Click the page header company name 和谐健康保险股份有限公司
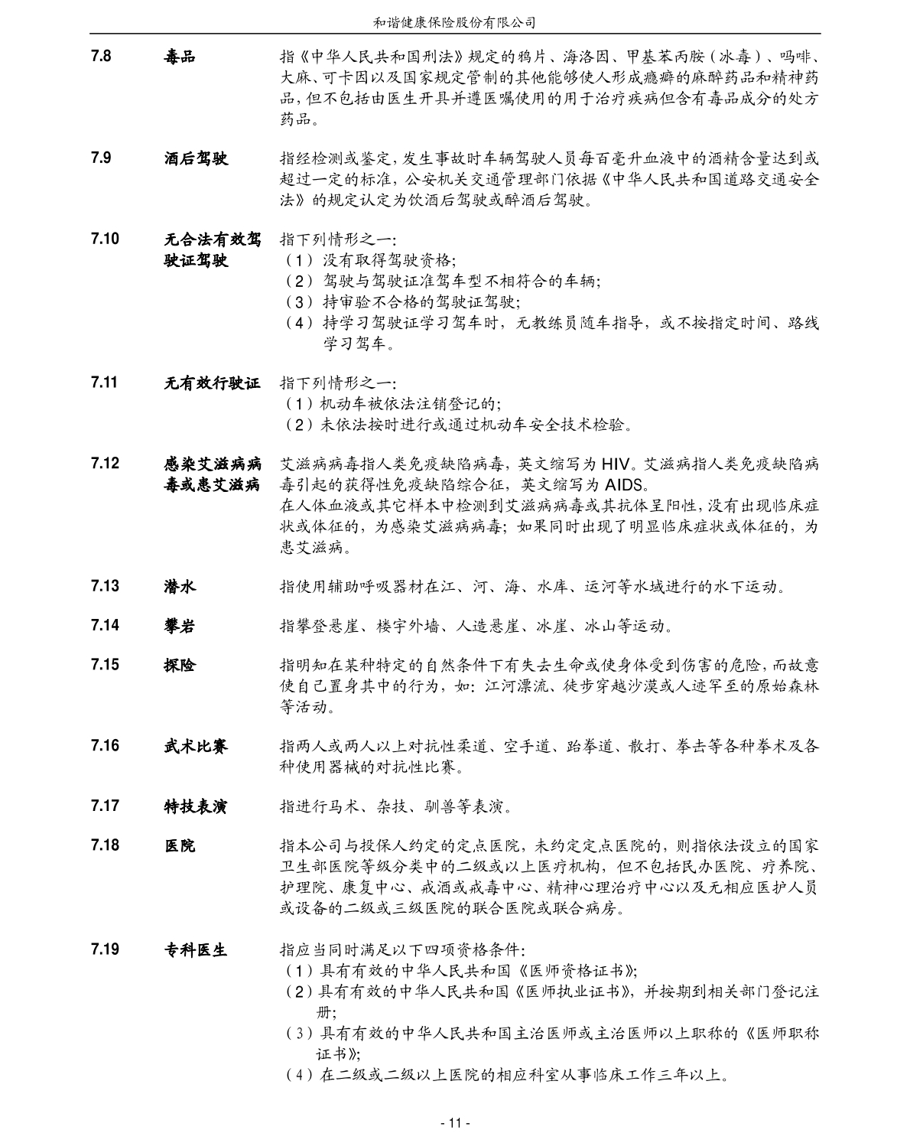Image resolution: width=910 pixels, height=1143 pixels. pyautogui.click(x=454, y=22)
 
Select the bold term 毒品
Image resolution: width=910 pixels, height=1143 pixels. pyautogui.click(x=180, y=57)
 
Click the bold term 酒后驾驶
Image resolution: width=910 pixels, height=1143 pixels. pyautogui.click(x=196, y=159)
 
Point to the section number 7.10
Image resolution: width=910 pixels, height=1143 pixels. pyautogui.click(x=104, y=239)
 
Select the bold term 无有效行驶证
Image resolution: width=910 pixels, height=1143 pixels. pyautogui.click(x=212, y=383)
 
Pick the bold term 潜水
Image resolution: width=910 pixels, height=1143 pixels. pyautogui.click(x=180, y=586)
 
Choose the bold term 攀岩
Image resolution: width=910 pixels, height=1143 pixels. pyautogui.click(x=180, y=626)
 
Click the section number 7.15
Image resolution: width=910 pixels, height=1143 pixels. pyautogui.click(x=104, y=664)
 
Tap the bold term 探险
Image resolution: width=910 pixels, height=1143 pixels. pyautogui.click(x=180, y=665)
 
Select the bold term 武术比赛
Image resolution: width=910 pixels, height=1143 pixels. pyautogui.click(x=196, y=746)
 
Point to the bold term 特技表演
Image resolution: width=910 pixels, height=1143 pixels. pyautogui.click(x=196, y=806)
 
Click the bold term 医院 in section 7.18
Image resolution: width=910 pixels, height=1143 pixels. pyautogui.click(x=180, y=845)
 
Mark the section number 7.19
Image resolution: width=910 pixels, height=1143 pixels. pyautogui.click(x=104, y=949)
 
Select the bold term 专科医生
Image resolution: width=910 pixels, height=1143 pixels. pyautogui.click(x=196, y=950)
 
